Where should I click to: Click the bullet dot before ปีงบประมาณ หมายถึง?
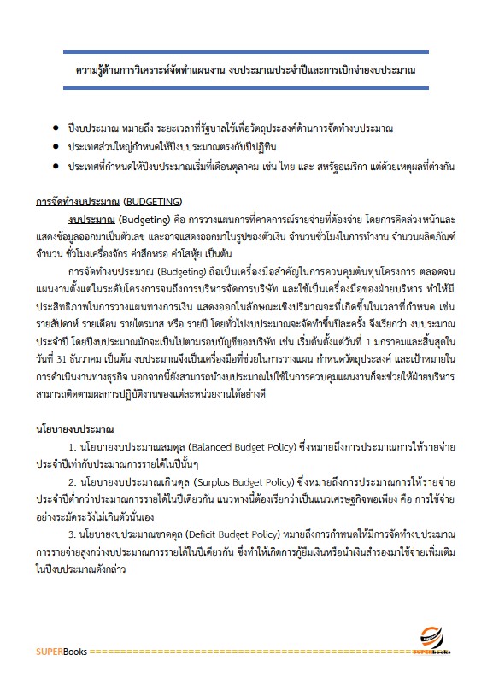click(x=56, y=128)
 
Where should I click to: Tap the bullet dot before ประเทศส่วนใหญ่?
click(x=56, y=147)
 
